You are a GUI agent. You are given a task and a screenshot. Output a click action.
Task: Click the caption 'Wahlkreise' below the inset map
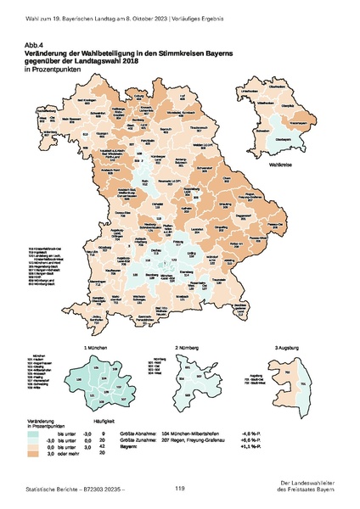point(278,157)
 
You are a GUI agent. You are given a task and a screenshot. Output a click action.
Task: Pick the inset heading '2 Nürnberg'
point(187,349)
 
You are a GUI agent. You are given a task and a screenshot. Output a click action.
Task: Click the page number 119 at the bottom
point(180,489)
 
